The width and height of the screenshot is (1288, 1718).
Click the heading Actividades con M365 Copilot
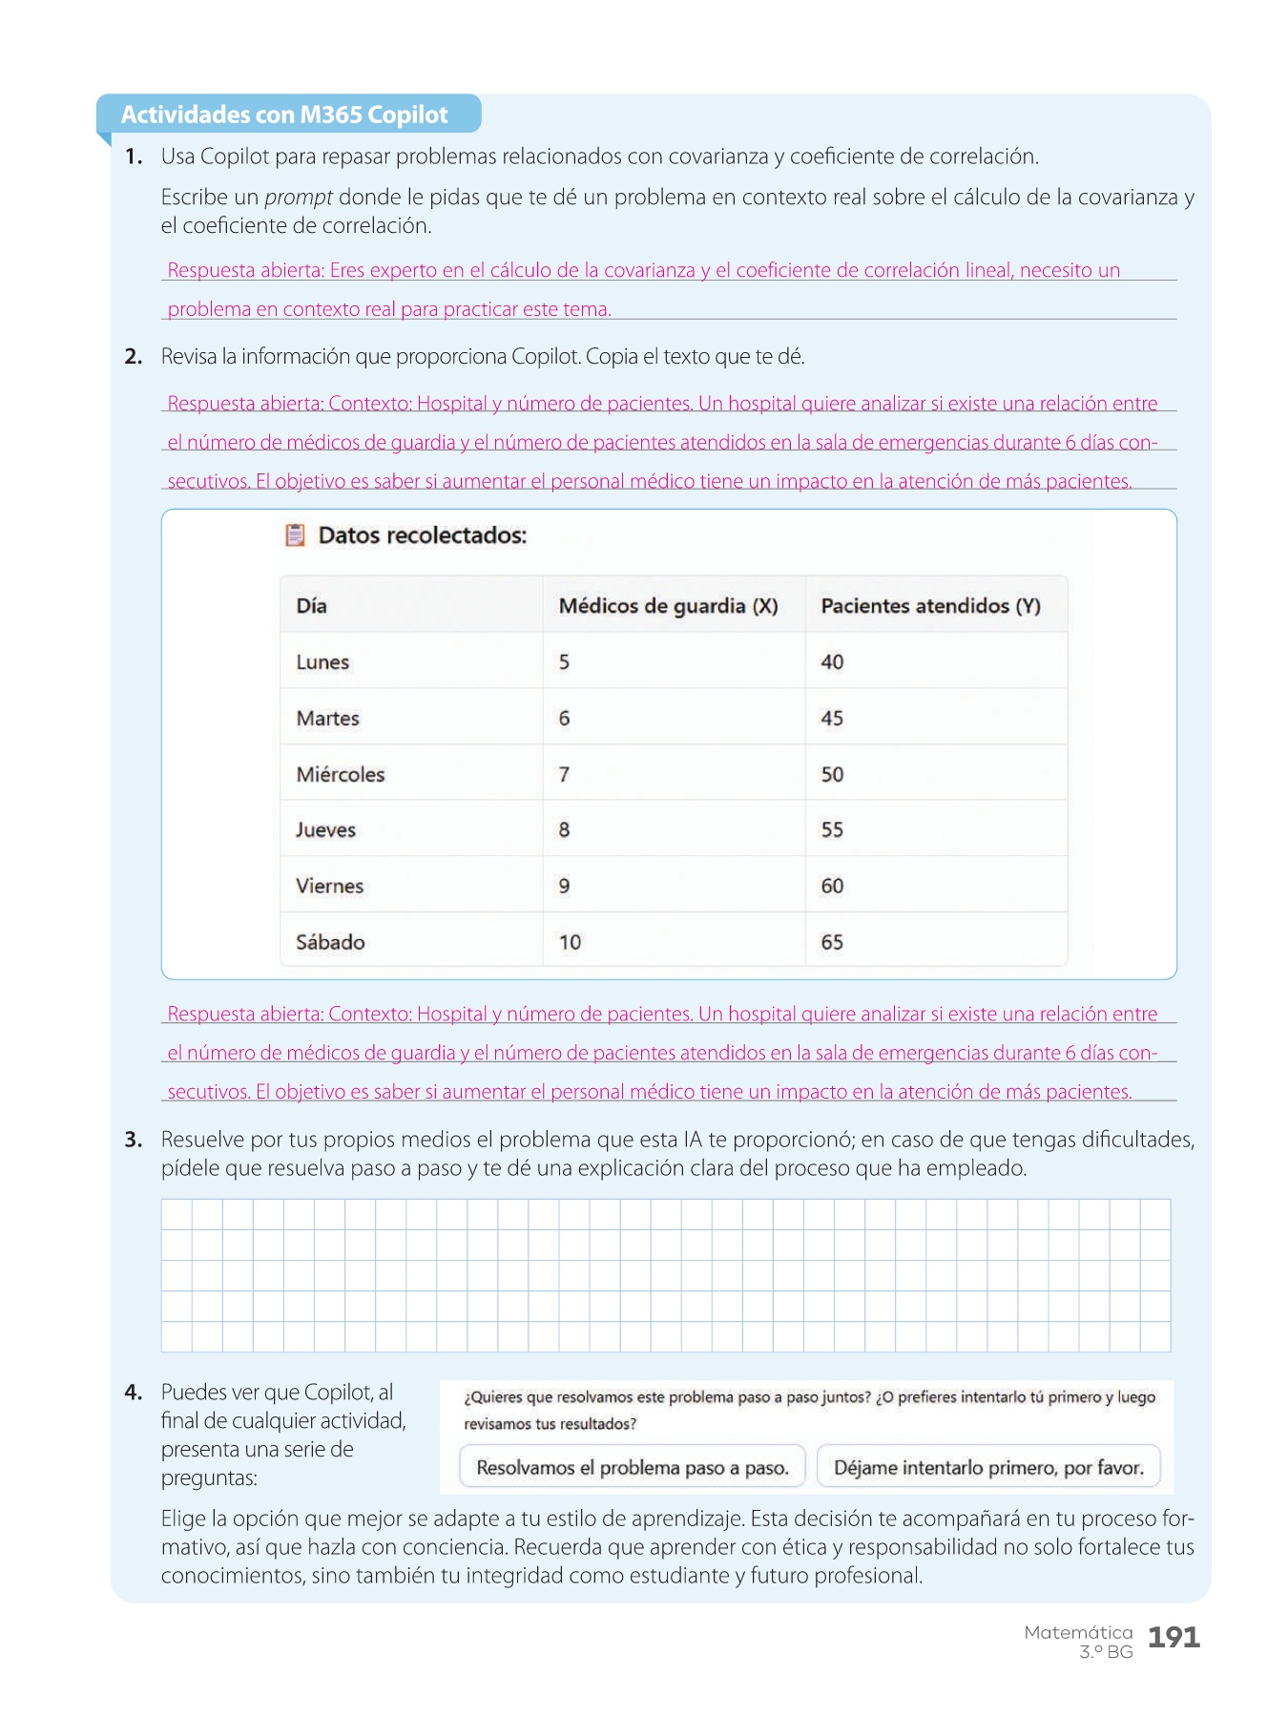tap(284, 115)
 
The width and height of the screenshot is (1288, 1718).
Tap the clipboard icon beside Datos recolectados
tap(296, 535)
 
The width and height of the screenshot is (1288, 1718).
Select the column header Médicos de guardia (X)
tap(668, 606)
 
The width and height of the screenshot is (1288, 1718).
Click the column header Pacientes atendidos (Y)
tap(930, 606)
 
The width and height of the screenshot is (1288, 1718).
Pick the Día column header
tap(311, 606)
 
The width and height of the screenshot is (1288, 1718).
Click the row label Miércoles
tap(341, 774)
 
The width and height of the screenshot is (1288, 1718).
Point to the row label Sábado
tap(330, 942)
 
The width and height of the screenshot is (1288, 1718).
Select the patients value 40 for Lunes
tap(832, 662)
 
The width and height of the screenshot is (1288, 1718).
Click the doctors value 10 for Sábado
tap(570, 942)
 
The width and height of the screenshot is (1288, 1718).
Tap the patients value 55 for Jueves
tap(832, 830)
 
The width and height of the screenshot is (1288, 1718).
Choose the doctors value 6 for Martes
tap(564, 719)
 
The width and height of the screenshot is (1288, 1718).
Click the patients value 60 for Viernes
tap(832, 886)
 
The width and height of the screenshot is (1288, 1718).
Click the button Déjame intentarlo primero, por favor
tap(988, 1468)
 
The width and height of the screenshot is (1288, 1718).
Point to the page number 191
tap(1174, 1638)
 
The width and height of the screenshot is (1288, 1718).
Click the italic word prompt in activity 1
tap(298, 198)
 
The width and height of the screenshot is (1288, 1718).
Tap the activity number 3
tap(134, 1140)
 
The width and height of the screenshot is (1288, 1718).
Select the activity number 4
tap(134, 1393)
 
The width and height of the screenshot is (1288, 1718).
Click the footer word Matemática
tap(1078, 1633)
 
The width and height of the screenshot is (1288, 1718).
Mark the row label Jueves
tap(325, 830)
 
